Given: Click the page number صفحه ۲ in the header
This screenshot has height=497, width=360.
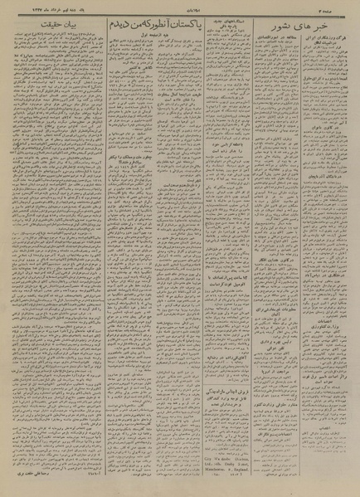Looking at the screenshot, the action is [x=342, y=7].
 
